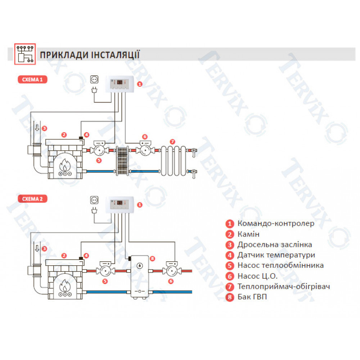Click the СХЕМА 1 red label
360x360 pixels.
coord(32,80)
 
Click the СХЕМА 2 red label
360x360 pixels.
coord(32,198)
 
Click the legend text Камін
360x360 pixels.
coord(248,234)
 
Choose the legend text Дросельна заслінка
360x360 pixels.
coord(274,244)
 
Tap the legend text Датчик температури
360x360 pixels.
coord(276,255)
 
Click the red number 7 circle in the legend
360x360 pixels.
coord(230,287)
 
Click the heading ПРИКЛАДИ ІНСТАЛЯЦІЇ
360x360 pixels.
coord(90,55)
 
